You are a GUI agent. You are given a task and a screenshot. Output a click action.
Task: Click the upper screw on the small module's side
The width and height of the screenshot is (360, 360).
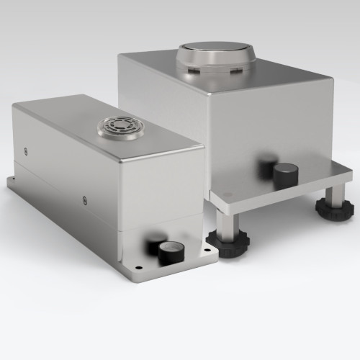27,150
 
